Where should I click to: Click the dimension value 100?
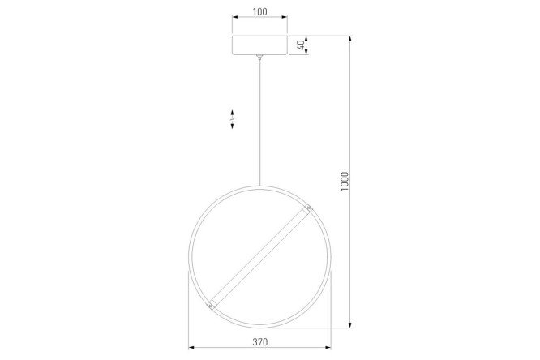pos(259,11)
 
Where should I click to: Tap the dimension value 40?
pos(301,45)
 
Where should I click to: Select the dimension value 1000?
pos(345,182)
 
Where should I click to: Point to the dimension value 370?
pos(259,342)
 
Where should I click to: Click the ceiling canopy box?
pos(259,45)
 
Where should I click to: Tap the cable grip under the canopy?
pos(259,58)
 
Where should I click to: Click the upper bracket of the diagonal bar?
pos(308,208)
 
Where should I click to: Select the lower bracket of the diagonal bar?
pos(211,305)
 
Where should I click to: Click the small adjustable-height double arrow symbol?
pos(233,119)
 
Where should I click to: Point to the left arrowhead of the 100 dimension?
pos(234,17)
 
